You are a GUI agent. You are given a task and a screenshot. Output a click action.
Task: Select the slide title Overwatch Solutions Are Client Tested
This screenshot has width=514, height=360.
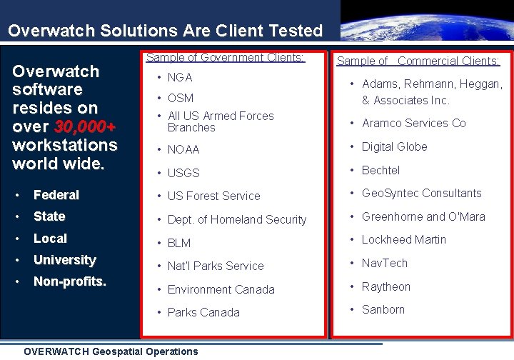tap(165, 31)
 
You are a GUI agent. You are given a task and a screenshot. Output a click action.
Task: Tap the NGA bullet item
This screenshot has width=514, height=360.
tap(180, 77)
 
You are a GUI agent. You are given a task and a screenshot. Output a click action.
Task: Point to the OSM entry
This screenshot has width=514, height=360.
tap(181, 98)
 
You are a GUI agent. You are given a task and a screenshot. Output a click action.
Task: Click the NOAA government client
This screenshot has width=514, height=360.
tap(183, 149)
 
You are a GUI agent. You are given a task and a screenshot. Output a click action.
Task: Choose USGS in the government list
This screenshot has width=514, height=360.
tap(183, 173)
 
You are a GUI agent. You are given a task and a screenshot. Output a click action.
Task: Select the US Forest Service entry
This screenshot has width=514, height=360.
tap(213, 196)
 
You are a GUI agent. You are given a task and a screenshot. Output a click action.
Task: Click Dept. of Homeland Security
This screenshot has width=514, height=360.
tap(236, 219)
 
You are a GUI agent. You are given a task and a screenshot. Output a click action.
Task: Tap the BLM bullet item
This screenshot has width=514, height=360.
tap(179, 243)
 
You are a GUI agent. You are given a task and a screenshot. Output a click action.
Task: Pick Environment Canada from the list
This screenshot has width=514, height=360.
tap(221, 289)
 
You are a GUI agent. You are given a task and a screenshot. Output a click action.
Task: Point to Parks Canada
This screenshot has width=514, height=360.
tap(203, 312)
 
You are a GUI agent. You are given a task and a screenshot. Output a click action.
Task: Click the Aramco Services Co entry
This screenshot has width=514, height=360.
tap(413, 123)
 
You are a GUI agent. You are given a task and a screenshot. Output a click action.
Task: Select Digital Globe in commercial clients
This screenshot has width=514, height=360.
tap(394, 146)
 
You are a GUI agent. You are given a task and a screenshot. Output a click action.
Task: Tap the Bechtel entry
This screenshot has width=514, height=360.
tap(381, 170)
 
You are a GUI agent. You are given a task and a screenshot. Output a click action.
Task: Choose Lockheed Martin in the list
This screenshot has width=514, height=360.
tap(403, 239)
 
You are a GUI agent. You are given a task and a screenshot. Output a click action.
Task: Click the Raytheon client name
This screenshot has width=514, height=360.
tap(386, 286)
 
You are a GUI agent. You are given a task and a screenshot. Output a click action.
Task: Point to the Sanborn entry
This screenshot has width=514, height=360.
tap(383, 309)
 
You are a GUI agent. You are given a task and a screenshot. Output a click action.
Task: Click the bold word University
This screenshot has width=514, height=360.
tap(65, 260)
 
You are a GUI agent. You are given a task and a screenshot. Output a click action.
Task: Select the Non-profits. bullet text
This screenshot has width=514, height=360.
tap(70, 282)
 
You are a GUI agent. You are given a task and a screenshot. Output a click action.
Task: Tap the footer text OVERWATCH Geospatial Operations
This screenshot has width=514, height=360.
tap(111, 351)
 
